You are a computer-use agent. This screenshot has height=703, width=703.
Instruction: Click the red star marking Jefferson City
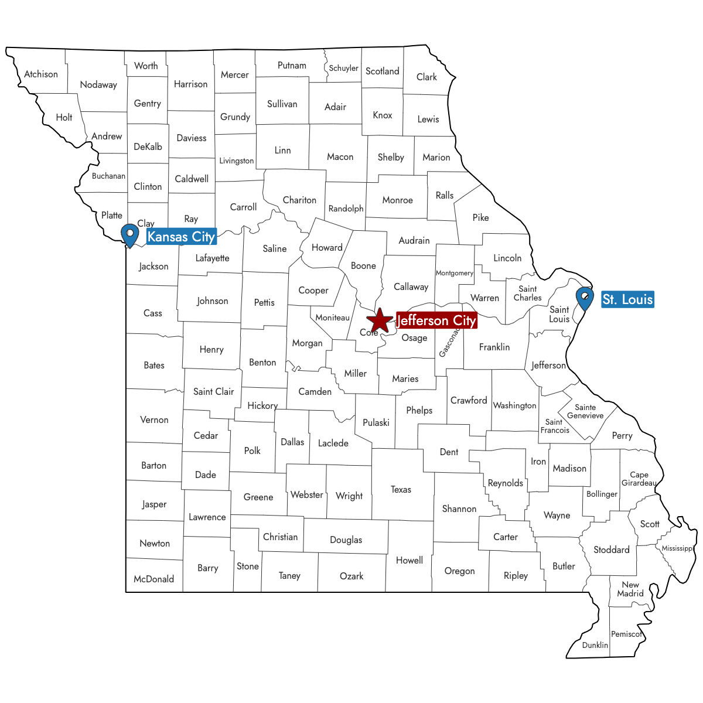click(380, 320)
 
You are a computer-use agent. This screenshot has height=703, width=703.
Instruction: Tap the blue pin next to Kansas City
click(129, 234)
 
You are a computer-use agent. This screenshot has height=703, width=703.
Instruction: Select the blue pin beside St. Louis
click(585, 298)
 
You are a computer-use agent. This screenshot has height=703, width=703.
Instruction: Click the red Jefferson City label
click(436, 320)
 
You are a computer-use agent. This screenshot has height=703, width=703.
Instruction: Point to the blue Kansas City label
click(181, 237)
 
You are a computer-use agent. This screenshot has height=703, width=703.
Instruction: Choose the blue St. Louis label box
click(627, 299)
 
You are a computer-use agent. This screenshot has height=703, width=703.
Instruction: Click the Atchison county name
click(41, 74)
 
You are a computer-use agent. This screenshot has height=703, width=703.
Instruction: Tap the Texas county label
click(401, 489)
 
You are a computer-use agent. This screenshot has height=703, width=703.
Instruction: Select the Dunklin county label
click(595, 645)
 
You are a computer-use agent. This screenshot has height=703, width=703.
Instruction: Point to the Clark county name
click(426, 77)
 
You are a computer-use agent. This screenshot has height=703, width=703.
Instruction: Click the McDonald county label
click(153, 579)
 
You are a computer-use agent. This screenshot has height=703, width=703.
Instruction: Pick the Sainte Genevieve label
click(585, 411)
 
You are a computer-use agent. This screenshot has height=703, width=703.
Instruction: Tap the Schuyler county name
click(343, 68)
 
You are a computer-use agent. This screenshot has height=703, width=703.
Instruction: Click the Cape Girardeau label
click(639, 479)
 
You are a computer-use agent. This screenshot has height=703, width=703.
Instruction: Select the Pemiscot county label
click(627, 634)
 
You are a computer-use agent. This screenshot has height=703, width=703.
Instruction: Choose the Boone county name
click(363, 266)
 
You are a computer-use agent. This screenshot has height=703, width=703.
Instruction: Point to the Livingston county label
click(237, 161)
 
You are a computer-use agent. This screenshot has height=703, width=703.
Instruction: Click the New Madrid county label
click(630, 589)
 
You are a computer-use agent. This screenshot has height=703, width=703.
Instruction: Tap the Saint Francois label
click(555, 426)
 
